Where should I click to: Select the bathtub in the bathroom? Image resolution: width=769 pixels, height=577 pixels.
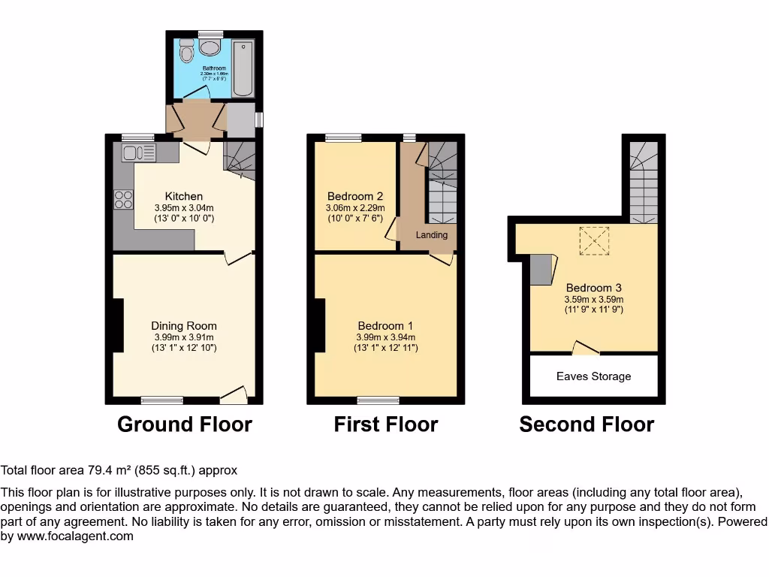(x=243, y=69)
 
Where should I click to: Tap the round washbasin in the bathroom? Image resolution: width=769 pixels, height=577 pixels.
(x=210, y=48)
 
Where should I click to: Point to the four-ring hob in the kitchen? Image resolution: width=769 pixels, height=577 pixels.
(x=123, y=200)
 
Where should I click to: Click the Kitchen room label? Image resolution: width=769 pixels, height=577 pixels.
(x=184, y=197)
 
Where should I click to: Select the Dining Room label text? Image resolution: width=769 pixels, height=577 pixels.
(x=184, y=326)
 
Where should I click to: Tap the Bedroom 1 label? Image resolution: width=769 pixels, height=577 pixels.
(x=385, y=326)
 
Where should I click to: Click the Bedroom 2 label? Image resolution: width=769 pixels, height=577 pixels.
(x=355, y=197)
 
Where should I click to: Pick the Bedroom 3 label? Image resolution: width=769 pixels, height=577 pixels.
(x=593, y=288)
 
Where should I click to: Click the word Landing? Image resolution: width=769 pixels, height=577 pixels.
(x=432, y=235)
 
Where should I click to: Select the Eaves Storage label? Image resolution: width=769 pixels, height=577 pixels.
(x=593, y=376)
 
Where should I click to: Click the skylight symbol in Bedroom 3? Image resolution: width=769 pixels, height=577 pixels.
(x=594, y=240)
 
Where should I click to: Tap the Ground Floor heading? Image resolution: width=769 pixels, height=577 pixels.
(x=185, y=424)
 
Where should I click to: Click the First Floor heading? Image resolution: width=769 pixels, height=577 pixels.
(x=385, y=424)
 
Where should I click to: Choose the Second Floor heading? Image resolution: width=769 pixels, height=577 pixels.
(x=587, y=424)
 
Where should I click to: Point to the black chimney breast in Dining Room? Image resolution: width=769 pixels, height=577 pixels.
(x=117, y=325)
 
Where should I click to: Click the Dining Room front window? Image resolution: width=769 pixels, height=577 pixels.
(x=162, y=400)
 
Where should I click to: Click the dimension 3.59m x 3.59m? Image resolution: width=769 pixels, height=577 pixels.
(x=593, y=298)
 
